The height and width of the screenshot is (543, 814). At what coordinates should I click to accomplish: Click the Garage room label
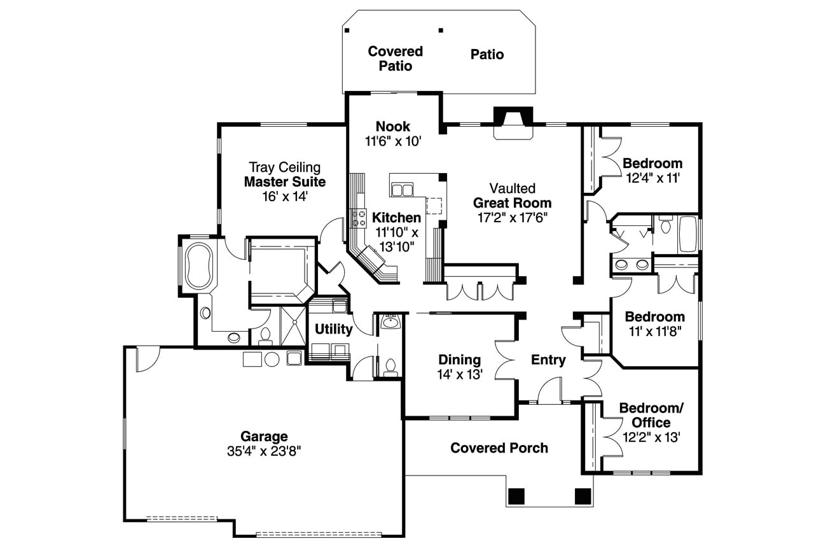pos(263,437)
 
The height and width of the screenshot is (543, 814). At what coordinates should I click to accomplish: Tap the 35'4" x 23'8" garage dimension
pos(263,451)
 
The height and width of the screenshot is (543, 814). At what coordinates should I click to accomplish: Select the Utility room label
pos(333,329)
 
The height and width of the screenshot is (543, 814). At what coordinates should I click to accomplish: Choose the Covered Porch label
pos(499,448)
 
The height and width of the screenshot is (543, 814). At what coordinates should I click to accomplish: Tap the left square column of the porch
pos(516,495)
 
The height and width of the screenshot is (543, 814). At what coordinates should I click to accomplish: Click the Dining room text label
pos(459,360)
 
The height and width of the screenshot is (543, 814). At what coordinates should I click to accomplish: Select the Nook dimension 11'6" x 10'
pos(393,141)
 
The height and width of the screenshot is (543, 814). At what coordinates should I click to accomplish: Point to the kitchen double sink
pos(403,190)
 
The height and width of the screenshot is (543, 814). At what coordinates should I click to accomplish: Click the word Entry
pos(548,360)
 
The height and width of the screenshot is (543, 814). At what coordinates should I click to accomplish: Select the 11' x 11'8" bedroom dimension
pos(654,331)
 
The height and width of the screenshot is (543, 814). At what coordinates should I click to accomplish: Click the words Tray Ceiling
pos(284,167)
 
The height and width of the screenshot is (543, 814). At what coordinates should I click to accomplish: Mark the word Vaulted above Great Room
pos(512,188)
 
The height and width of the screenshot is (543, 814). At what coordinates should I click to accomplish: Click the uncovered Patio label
pos(487,55)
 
